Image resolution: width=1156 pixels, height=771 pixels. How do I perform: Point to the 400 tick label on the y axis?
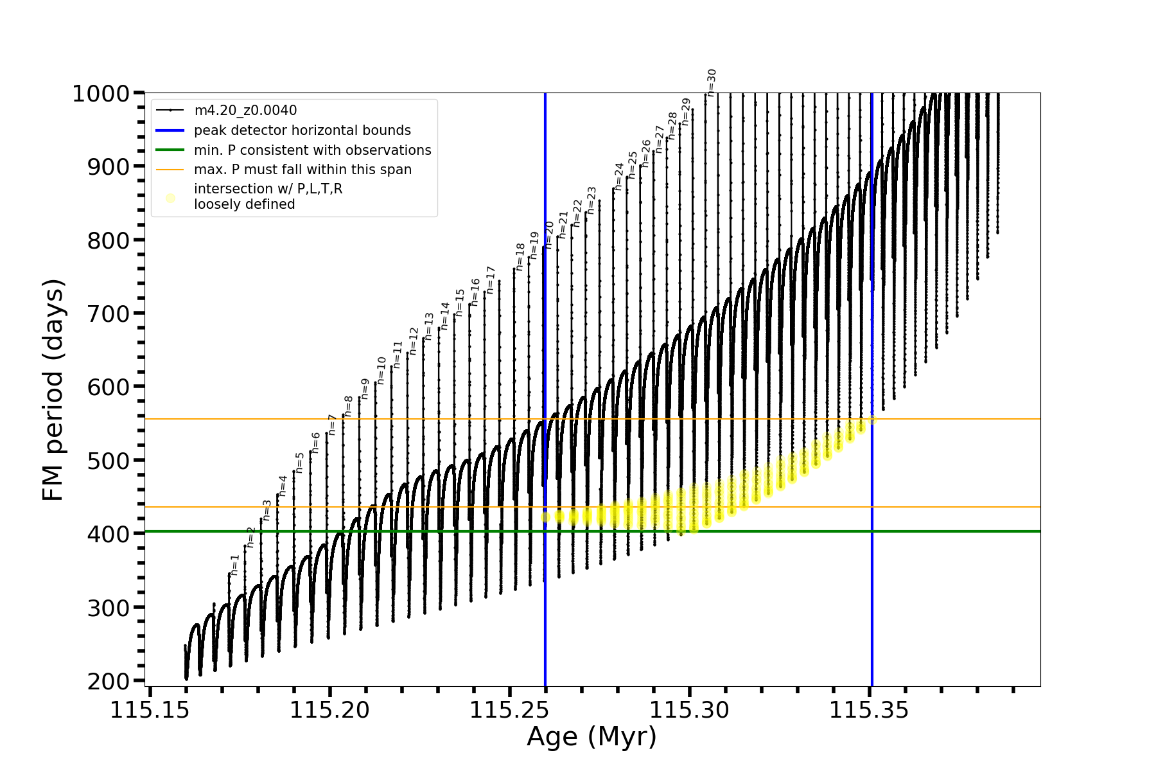[x=107, y=534]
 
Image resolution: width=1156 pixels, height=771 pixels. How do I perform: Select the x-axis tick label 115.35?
[x=870, y=710]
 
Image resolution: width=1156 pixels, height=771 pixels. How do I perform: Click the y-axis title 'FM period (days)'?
[x=53, y=390]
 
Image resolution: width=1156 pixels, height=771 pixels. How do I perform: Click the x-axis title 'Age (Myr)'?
[x=591, y=737]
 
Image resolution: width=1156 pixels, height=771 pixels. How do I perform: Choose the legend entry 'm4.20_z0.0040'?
[x=245, y=111]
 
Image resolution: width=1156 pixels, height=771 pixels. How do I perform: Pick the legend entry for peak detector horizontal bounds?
[x=302, y=130]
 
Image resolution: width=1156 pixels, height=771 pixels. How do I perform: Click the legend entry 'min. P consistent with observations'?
[x=313, y=150]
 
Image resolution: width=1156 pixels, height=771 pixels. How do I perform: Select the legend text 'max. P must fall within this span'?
[x=302, y=170]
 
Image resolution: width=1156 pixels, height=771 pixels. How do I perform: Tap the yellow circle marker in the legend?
[x=170, y=198]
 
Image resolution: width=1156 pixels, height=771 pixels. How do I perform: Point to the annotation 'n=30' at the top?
[x=712, y=83]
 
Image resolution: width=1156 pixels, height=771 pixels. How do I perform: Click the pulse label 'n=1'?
[x=235, y=564]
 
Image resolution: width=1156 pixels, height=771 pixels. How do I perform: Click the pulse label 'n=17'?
[x=491, y=280]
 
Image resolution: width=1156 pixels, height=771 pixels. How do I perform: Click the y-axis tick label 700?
[x=107, y=314]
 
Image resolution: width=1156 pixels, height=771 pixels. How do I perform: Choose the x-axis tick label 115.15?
[x=150, y=710]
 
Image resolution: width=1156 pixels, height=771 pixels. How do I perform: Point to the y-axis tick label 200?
[x=107, y=681]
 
